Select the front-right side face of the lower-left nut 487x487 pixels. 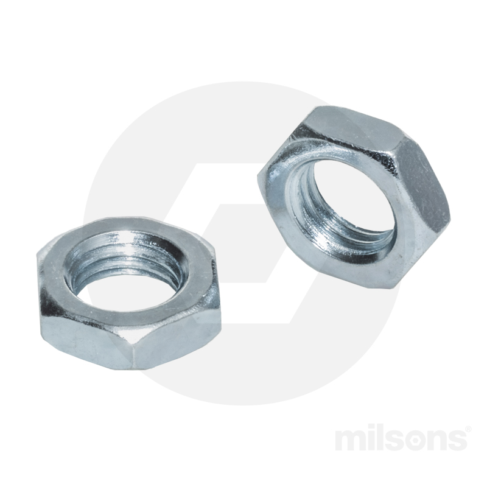(x=177, y=335)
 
